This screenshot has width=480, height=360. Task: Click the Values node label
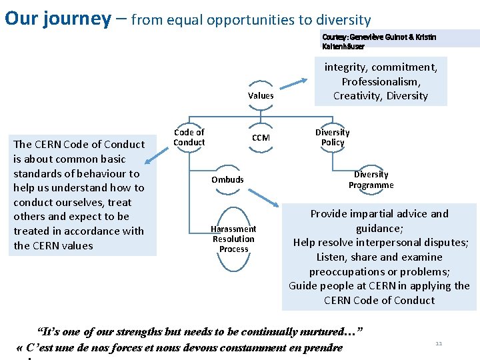[261, 95]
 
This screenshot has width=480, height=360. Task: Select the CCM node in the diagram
[261, 138]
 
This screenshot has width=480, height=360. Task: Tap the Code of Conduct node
[189, 137]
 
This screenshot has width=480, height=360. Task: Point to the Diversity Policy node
[332, 137]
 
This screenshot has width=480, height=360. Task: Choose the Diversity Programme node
[371, 180]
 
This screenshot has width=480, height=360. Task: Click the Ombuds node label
[227, 179]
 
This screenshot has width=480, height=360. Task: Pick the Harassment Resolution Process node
[233, 239]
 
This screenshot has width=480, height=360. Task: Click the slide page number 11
[439, 343]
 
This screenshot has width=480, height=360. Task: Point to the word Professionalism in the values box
[381, 81]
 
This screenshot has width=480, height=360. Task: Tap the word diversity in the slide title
[338, 20]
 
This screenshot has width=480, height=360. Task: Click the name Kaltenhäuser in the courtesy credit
[343, 46]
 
